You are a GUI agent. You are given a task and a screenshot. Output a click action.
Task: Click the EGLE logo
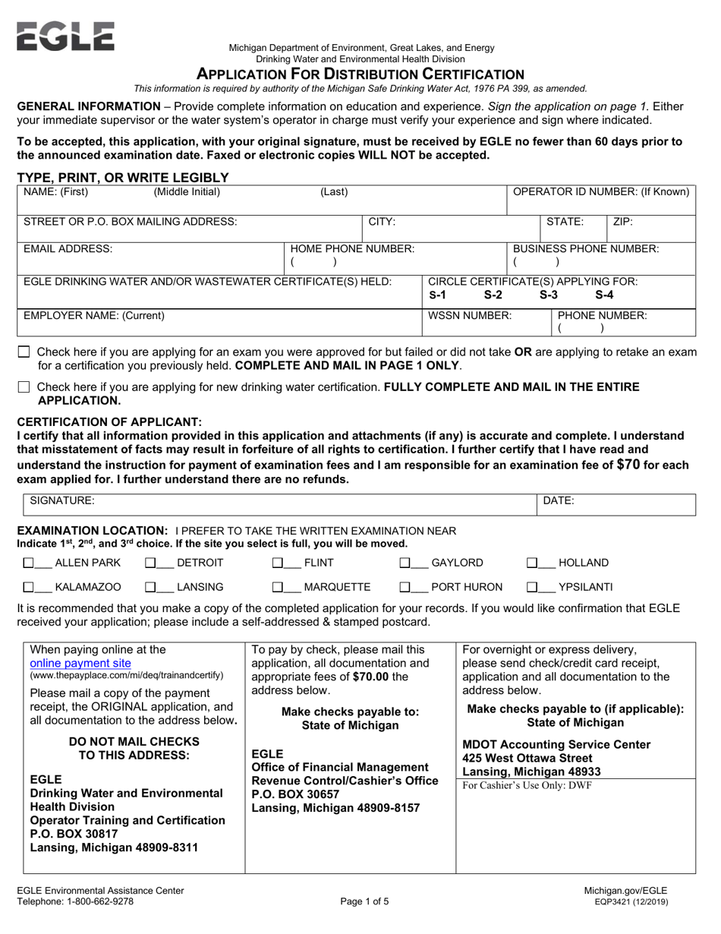(x=65, y=36)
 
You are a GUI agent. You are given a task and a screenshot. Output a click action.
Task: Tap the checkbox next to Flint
(x=278, y=563)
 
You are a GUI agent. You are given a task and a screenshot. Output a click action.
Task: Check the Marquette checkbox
(x=278, y=587)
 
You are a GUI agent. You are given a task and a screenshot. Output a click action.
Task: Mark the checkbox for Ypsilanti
(x=533, y=587)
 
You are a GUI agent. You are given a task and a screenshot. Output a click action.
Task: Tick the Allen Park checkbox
(x=29, y=563)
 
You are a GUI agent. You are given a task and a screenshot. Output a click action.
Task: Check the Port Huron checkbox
(x=405, y=587)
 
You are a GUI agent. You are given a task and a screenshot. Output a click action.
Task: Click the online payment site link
(x=80, y=662)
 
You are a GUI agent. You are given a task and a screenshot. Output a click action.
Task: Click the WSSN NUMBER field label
(x=471, y=314)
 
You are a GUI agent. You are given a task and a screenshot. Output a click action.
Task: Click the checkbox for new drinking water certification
(x=24, y=387)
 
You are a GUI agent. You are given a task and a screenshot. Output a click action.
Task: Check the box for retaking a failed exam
(x=24, y=352)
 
